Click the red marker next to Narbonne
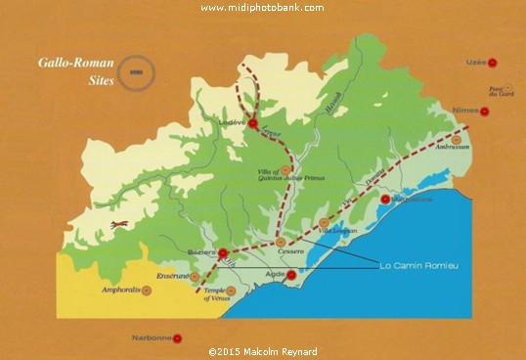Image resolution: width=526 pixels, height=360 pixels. [178, 338]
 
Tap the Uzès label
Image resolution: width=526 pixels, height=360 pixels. [476, 62]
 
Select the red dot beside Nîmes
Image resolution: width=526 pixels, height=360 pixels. [485, 111]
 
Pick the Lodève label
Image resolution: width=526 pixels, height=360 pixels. [233, 123]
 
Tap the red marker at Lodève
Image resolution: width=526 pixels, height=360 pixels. [253, 123]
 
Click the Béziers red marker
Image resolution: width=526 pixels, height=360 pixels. [224, 253]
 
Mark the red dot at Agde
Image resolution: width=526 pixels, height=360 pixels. [291, 275]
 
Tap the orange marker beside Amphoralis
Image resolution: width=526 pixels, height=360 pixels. [152, 291]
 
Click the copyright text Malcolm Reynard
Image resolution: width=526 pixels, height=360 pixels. [263, 351]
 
